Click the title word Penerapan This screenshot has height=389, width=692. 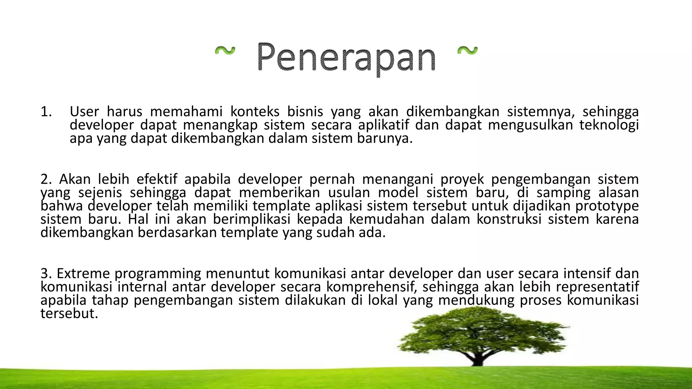tap(346, 57)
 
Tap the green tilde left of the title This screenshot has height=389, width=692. tap(225, 51)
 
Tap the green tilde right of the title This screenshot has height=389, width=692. tap(467, 51)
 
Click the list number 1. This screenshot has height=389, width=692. tap(46, 112)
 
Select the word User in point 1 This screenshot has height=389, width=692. tap(84, 112)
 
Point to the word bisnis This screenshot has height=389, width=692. tap(305, 112)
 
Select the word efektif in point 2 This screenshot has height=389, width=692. tap(157, 179)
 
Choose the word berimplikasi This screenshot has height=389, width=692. tap(252, 219)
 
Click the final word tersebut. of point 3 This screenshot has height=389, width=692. tap(69, 314)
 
